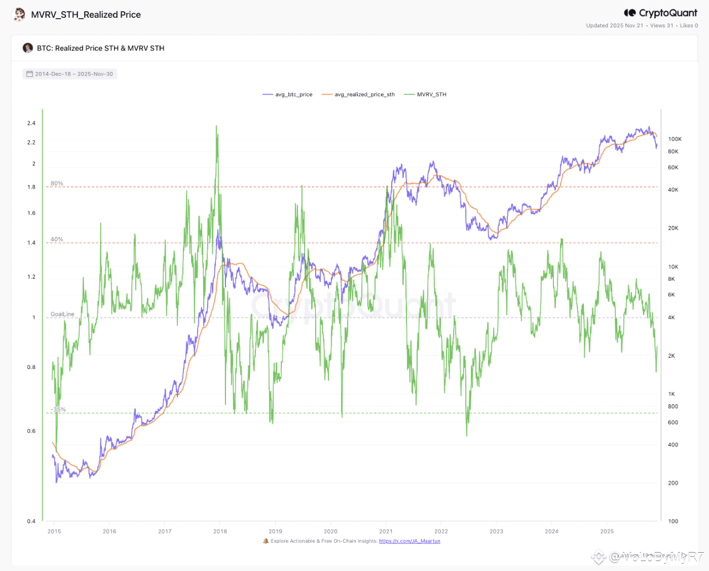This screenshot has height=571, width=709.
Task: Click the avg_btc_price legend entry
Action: [x=288, y=95]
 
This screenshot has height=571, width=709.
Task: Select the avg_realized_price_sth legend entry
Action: [x=358, y=95]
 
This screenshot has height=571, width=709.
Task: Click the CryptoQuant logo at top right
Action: [x=661, y=13]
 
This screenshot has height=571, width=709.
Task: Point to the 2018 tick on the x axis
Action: [x=220, y=531]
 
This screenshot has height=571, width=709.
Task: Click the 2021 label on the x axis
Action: [x=386, y=531]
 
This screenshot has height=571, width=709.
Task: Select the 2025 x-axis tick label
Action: [x=607, y=531]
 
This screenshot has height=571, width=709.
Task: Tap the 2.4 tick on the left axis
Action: [x=32, y=123]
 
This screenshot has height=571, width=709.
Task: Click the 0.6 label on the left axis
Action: [x=32, y=431]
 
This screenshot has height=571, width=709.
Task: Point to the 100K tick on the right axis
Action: [x=675, y=139]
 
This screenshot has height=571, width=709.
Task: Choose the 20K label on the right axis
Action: [x=673, y=228]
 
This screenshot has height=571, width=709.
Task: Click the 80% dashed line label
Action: [x=57, y=183]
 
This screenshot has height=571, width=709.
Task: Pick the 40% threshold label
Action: [x=57, y=239]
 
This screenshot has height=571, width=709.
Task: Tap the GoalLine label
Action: [x=63, y=314]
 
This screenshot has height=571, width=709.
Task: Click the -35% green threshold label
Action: [x=58, y=410]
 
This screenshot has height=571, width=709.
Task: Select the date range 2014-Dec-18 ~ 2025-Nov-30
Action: [x=70, y=74]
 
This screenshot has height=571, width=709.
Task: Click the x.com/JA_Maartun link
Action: [x=409, y=541]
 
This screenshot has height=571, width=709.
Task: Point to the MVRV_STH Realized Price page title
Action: [x=86, y=15]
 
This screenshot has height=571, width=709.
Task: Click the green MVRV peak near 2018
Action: [x=217, y=127]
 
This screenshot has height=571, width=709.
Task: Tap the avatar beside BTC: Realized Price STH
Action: [x=28, y=48]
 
